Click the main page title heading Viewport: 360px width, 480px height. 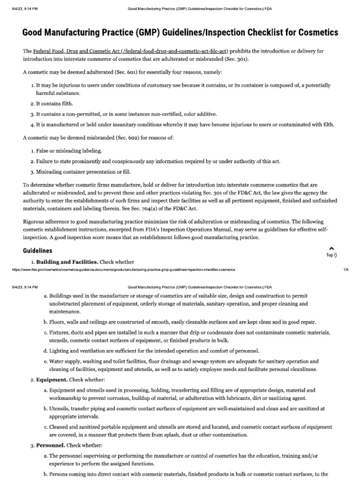tap(180, 32)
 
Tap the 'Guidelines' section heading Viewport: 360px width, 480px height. tap(37, 251)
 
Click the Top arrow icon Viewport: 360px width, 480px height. tap(331, 248)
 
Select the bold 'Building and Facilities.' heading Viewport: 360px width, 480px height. tap(67, 262)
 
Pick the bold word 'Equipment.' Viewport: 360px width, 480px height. tap(52, 379)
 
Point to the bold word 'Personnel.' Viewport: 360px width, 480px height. tap(52, 445)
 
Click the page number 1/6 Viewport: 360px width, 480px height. tap(346, 270)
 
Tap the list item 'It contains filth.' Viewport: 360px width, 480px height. tap(54, 103)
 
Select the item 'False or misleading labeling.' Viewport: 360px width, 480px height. tap(69, 150)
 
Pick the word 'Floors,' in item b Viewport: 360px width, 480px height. tap(58, 322)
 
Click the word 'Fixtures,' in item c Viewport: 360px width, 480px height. tap(60, 332)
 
